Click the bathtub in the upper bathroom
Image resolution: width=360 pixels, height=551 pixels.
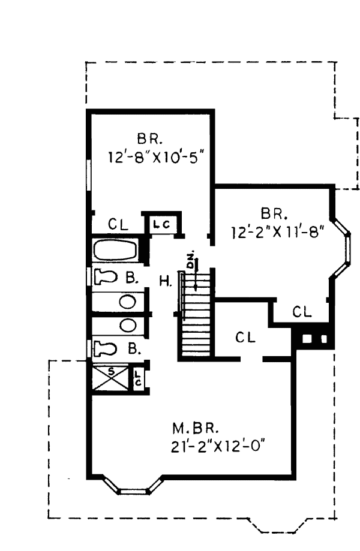pos(115,251)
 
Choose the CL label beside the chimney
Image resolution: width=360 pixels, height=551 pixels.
pos(302,312)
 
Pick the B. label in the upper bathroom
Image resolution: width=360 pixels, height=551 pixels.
pos(132,278)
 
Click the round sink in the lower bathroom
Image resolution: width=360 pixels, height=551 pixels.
pos(127,326)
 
